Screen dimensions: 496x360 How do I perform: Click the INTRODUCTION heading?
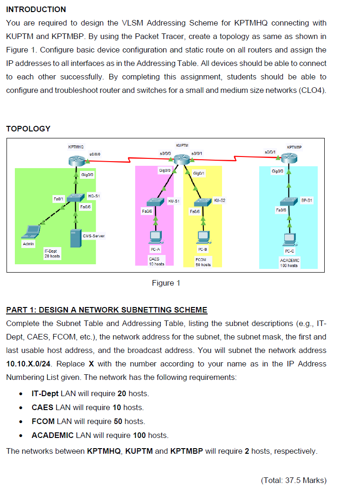point(36,9)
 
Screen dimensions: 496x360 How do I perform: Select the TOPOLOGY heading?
point(28,129)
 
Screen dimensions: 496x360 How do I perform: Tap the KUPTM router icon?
point(182,160)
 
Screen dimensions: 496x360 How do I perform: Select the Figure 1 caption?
point(166,283)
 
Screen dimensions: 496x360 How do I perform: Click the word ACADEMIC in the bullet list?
point(52,435)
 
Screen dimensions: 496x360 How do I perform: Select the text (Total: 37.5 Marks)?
point(294,480)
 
